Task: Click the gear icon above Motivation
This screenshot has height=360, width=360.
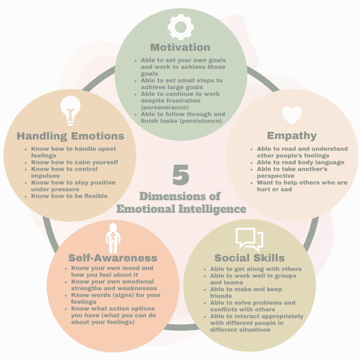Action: tap(180, 27)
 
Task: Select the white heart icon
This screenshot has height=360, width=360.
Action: tap(292, 115)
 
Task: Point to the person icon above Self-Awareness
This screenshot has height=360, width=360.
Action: tap(112, 238)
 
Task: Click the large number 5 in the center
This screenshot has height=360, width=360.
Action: tap(181, 175)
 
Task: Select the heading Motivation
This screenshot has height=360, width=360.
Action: tap(180, 47)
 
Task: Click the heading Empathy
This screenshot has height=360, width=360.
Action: tap(292, 135)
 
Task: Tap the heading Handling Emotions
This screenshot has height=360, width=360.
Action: tap(70, 135)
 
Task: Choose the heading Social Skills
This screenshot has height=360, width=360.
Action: tap(249, 258)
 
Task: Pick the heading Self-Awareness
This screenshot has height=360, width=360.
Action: tap(112, 258)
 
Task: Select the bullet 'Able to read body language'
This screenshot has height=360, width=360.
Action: tap(301, 162)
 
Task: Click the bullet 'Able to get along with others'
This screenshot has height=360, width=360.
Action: tap(256, 269)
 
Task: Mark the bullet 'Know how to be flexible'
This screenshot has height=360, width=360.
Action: tap(69, 196)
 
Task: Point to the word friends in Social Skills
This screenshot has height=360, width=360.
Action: tap(220, 296)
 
